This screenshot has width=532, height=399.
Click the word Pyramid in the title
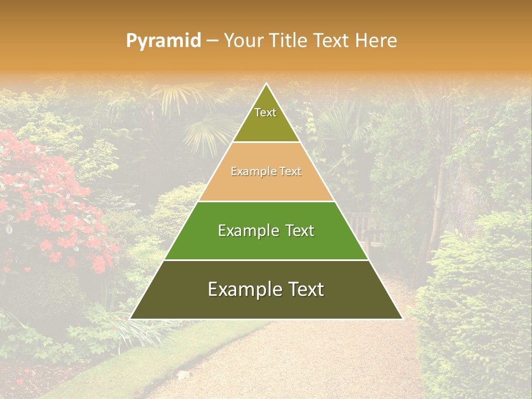coord(163,41)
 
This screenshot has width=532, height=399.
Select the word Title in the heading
coord(290,40)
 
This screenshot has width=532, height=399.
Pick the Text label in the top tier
coord(265,112)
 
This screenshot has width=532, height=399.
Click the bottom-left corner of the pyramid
coord(131,319)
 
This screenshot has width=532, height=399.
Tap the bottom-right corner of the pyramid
coord(402,319)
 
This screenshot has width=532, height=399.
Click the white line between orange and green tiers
coord(267,201)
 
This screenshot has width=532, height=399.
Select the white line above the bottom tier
coord(267,260)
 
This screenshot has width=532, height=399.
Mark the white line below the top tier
coord(267,142)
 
